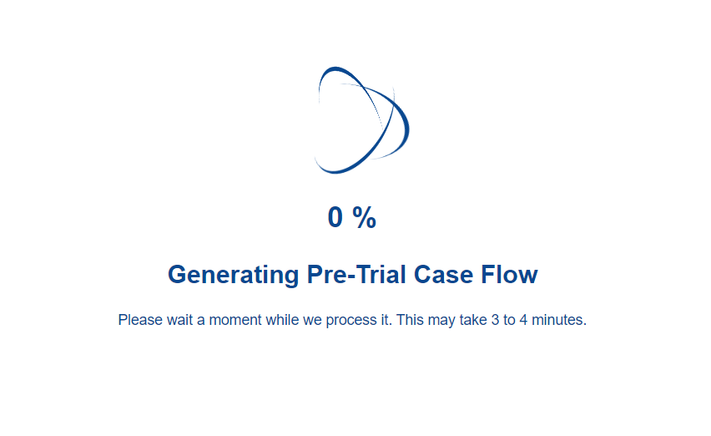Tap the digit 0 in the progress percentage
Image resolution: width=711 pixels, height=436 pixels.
click(335, 217)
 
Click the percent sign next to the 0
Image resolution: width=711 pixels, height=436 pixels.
click(364, 217)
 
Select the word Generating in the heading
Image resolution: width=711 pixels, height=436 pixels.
click(234, 276)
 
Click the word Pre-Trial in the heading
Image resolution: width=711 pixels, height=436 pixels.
click(356, 274)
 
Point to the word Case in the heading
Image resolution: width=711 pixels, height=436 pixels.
click(443, 274)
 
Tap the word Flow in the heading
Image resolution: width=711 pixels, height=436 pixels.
click(509, 274)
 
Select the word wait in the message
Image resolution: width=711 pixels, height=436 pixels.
click(180, 320)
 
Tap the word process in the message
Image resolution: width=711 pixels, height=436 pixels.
click(351, 321)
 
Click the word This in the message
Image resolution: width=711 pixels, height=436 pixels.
click(410, 320)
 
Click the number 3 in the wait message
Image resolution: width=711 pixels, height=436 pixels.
click(495, 320)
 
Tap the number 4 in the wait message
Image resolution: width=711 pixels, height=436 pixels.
click(523, 320)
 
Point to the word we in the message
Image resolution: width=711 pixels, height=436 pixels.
click(312, 320)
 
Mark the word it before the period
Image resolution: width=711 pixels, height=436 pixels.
click(385, 320)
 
